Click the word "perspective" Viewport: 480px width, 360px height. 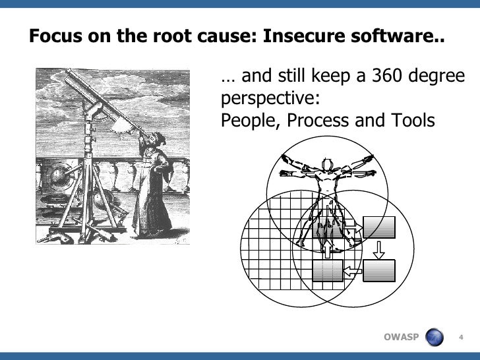coord(266,100)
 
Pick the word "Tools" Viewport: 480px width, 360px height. coord(411,121)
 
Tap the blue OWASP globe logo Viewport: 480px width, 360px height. coord(435,338)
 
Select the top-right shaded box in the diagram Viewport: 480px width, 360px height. coord(379,227)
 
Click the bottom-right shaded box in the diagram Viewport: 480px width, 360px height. coord(379,270)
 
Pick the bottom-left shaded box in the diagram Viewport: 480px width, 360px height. coord(327,271)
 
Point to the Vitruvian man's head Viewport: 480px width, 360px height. coord(325,164)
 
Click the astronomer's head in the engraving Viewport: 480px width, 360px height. coord(154,140)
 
